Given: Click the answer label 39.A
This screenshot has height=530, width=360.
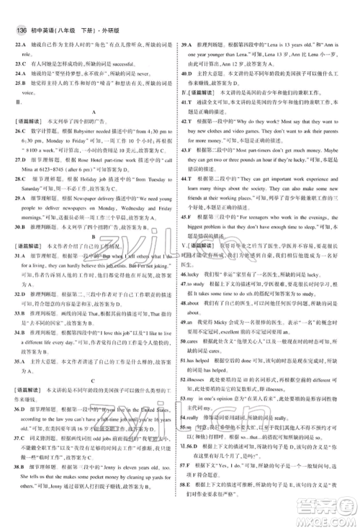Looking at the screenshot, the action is click(191, 24).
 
